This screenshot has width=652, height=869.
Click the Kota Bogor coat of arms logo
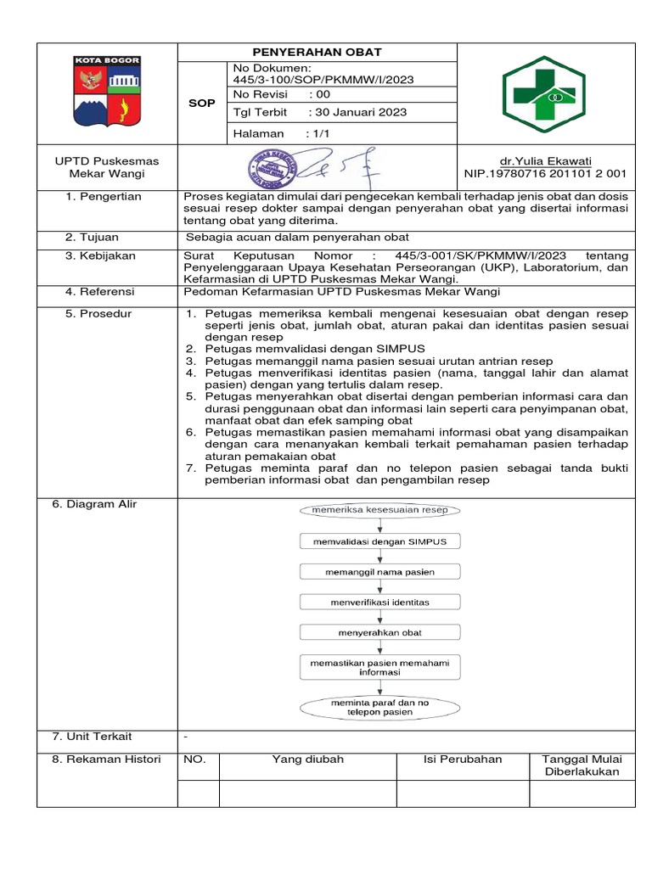click(x=106, y=92)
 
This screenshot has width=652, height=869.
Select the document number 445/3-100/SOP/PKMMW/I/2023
click(x=323, y=79)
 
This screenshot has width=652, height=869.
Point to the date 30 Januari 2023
click(x=359, y=112)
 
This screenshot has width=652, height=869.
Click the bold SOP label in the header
click(x=201, y=102)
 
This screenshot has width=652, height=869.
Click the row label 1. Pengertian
click(x=104, y=197)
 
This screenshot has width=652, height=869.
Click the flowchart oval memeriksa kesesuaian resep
click(x=379, y=510)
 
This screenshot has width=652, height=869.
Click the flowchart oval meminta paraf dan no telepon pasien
click(x=379, y=707)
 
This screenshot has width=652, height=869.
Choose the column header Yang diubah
click(x=307, y=760)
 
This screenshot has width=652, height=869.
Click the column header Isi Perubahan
click(x=463, y=760)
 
